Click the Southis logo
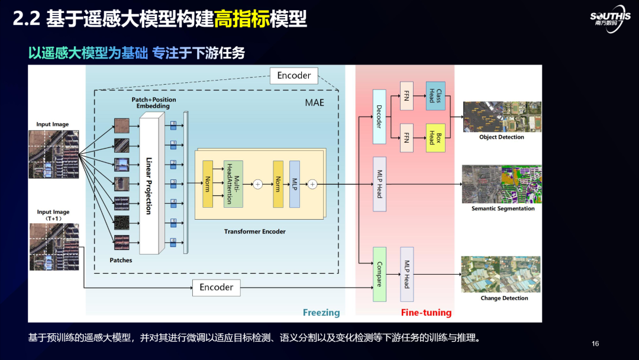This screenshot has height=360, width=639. click(x=610, y=21)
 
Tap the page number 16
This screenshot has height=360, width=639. click(x=595, y=344)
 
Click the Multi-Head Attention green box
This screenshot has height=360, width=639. click(x=233, y=184)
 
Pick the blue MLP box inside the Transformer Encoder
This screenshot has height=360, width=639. click(x=295, y=184)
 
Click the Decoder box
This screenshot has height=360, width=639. click(x=379, y=117)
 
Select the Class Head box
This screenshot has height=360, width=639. click(x=435, y=96)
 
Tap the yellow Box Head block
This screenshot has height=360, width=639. click(x=435, y=138)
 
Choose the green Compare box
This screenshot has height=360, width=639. click(x=379, y=274)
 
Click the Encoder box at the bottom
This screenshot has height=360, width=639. click(x=217, y=287)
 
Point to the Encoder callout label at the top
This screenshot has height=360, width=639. click(x=294, y=75)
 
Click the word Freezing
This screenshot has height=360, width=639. click(x=321, y=313)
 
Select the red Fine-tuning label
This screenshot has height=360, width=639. click(x=426, y=313)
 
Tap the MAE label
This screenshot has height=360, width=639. click(x=315, y=102)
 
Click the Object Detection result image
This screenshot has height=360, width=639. click(x=502, y=117)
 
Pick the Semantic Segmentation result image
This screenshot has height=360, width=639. click(x=502, y=184)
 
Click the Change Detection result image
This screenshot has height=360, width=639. click(x=501, y=274)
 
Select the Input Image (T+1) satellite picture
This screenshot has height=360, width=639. click(x=54, y=246)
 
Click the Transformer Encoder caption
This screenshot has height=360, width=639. click(x=254, y=232)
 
